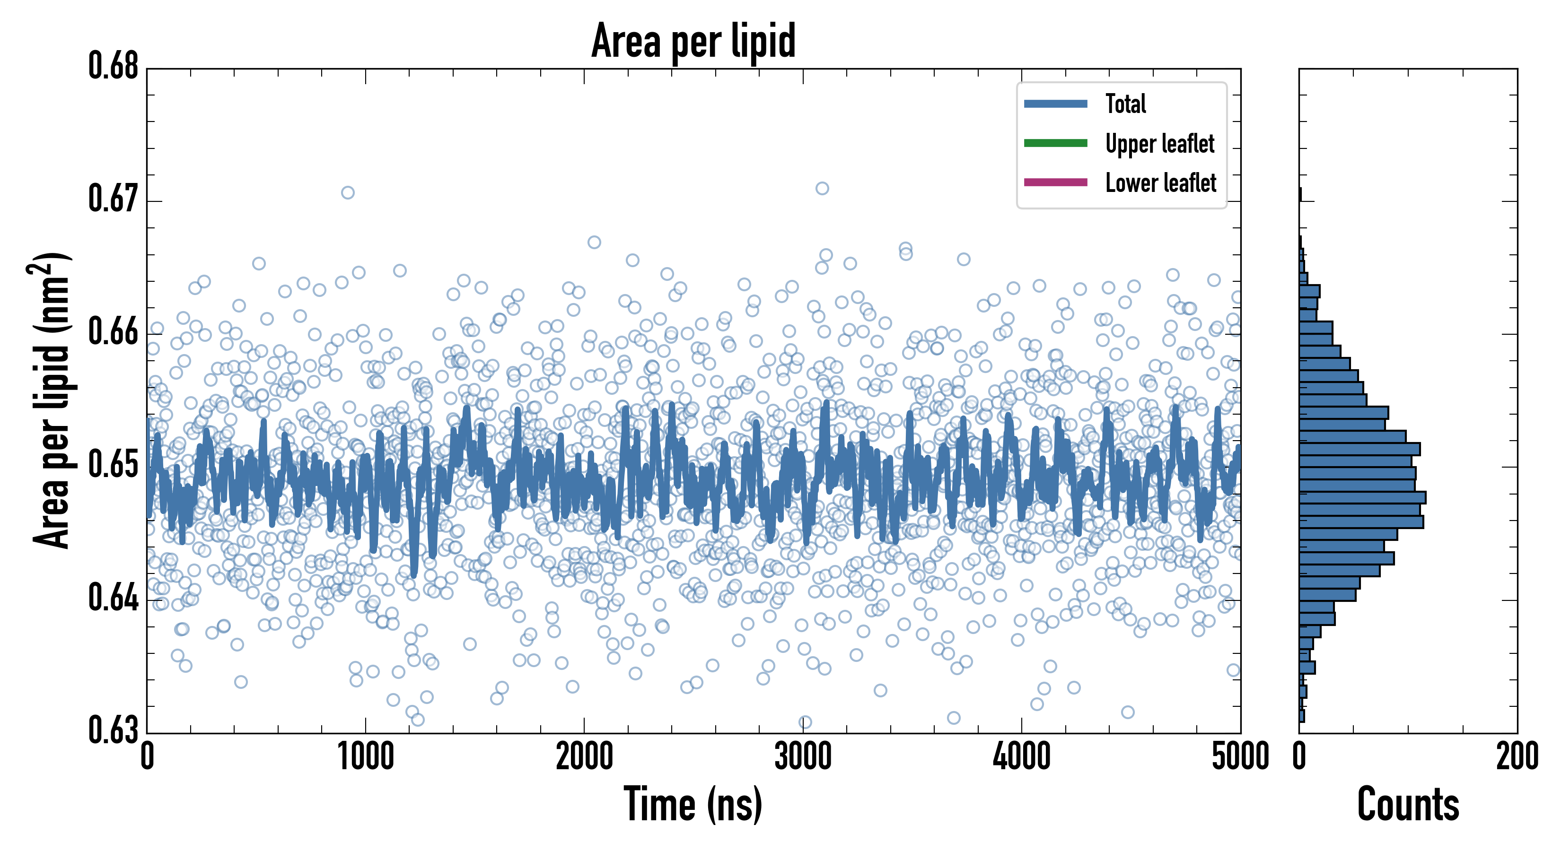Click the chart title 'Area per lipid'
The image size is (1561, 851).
(x=693, y=41)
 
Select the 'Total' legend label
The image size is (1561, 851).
(x=1125, y=104)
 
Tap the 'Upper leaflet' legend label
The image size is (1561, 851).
(x=1159, y=144)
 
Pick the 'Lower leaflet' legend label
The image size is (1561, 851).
(x=1160, y=183)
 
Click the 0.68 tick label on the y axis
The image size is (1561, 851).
(x=114, y=66)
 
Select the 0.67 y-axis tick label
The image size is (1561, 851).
(x=114, y=199)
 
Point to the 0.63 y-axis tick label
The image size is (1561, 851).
(x=114, y=730)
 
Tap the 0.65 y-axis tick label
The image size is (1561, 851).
(x=114, y=465)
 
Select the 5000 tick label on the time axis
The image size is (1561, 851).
(x=1240, y=757)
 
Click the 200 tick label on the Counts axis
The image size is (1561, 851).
(x=1517, y=757)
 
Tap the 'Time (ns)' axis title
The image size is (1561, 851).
(x=693, y=804)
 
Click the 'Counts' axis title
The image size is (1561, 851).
(x=1408, y=804)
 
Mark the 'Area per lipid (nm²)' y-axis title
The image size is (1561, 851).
(x=52, y=400)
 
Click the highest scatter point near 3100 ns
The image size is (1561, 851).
(x=822, y=188)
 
